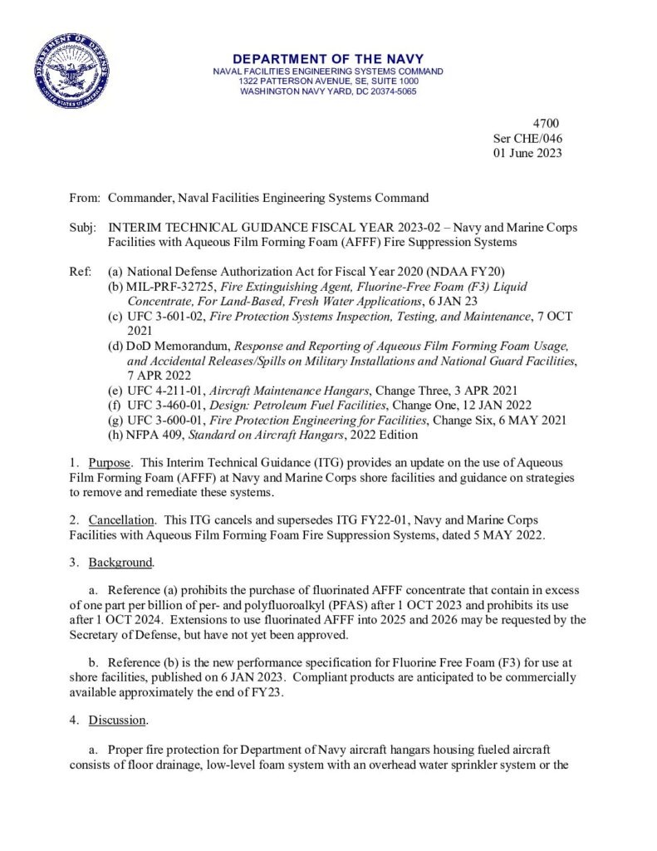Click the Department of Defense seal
pyautogui.click(x=71, y=71)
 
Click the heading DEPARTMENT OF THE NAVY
pyautogui.click(x=328, y=59)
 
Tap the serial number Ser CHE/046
pyautogui.click(x=527, y=139)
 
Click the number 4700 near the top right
pyautogui.click(x=547, y=124)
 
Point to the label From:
pyautogui.click(x=84, y=198)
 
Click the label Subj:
pyautogui.click(x=83, y=228)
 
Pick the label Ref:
pyautogui.click(x=81, y=273)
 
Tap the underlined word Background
pyautogui.click(x=121, y=563)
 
